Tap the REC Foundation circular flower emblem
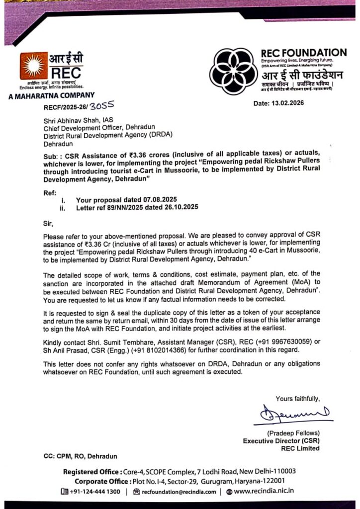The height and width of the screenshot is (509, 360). pyautogui.click(x=233, y=71)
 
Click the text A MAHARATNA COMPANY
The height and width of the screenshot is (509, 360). pyautogui.click(x=51, y=95)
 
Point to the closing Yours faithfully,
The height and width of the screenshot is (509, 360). pyautogui.click(x=298, y=398)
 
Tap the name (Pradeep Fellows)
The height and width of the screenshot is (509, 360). pyautogui.click(x=293, y=433)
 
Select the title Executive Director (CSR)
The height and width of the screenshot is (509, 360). pyautogui.click(x=281, y=440)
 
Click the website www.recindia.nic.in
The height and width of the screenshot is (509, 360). pyautogui.click(x=264, y=492)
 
